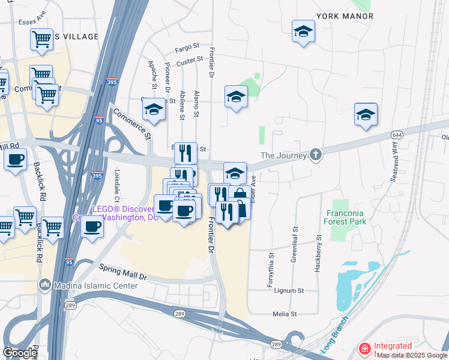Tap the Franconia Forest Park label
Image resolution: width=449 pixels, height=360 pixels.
click(x=346, y=217)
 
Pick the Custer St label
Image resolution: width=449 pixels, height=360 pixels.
click(x=190, y=62)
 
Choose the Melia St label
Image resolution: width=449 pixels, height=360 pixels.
click(x=285, y=314)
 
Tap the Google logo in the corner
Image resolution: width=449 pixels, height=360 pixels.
click(x=20, y=352)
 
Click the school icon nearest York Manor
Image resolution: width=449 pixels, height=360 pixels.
click(x=303, y=31)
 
